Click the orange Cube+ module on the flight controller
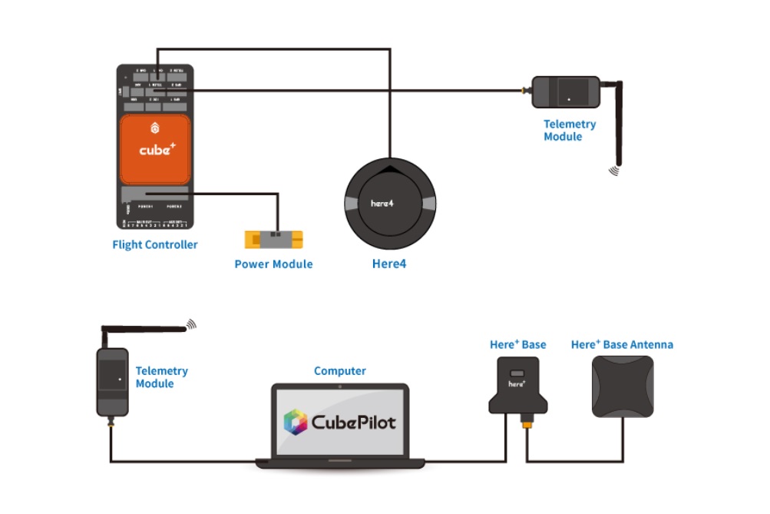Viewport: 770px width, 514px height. coord(154,150)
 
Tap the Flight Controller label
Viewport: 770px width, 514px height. coord(154,245)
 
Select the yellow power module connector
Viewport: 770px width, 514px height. coord(273,239)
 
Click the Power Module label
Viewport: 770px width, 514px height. coord(273,264)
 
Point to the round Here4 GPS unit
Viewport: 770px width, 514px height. coord(390,203)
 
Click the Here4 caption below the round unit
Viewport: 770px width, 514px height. coord(389,264)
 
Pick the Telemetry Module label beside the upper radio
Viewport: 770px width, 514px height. coord(570,131)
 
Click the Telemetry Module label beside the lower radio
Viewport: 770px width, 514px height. coord(161,377)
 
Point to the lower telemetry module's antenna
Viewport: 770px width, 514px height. coord(146,329)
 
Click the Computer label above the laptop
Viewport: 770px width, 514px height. coord(340,371)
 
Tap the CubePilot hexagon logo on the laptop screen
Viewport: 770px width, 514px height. coord(296,422)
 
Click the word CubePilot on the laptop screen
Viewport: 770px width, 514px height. coord(354,422)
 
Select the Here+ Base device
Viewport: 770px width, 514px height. coord(518,384)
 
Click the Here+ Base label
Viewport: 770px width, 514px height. coord(518,345)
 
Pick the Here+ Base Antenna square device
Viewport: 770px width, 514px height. coord(622,386)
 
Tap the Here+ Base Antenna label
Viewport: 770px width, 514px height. coord(622,345)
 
